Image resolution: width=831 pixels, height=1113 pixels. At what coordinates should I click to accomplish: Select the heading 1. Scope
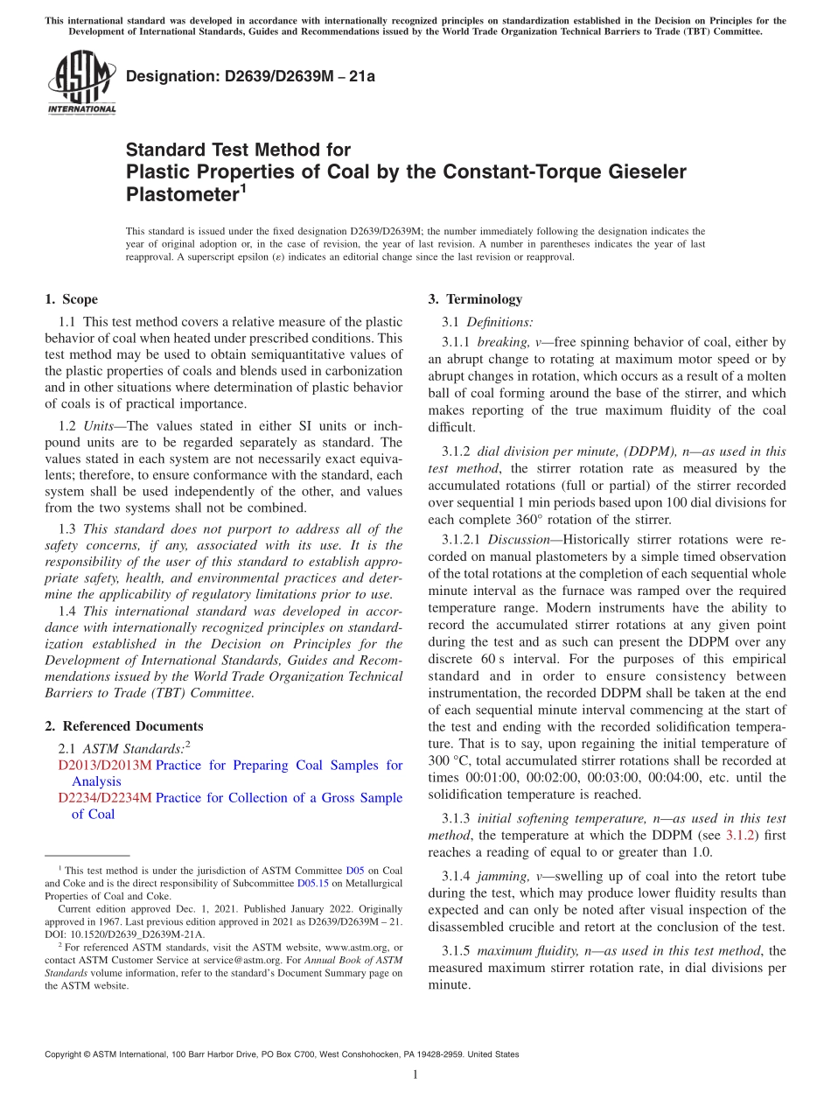pos(71,299)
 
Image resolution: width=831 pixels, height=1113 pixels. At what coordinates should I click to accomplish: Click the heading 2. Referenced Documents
pos(123,726)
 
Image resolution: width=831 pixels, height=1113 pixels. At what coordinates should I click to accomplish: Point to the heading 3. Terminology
pos(475,299)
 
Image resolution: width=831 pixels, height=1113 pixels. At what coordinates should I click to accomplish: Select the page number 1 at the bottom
pos(415,1074)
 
